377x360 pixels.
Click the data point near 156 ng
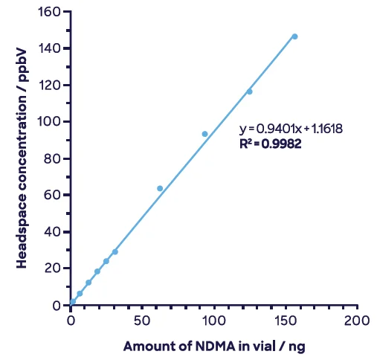click(294, 36)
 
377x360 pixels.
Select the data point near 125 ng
click(249, 91)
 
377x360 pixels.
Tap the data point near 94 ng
click(204, 134)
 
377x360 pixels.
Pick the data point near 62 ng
click(160, 188)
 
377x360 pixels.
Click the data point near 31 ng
click(115, 251)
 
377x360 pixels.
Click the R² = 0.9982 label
click(270, 144)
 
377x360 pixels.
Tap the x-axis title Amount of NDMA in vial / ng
click(214, 346)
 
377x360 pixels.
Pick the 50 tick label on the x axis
click(143, 321)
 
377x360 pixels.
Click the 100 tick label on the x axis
click(214, 321)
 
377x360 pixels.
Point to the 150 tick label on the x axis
click(286, 321)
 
